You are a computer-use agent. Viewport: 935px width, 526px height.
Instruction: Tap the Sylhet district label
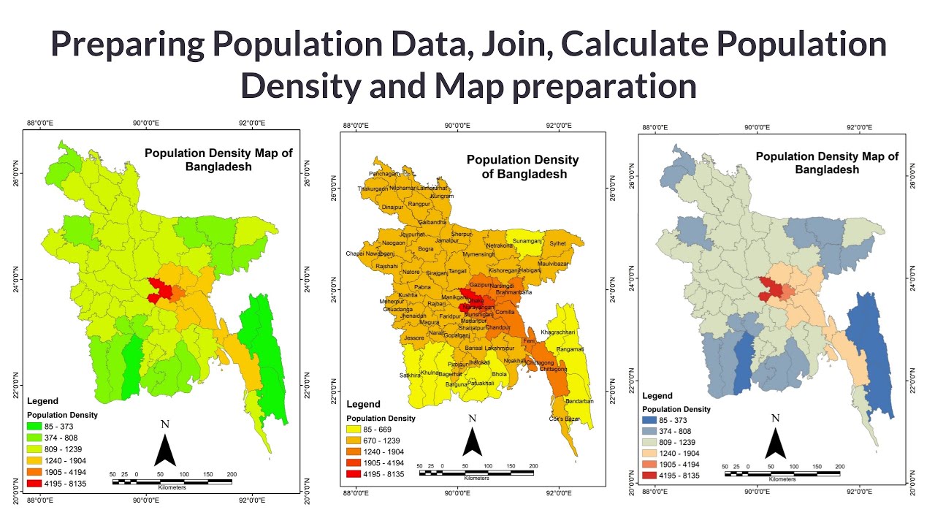(558, 244)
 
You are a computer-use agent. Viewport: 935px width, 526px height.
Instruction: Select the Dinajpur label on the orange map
(392, 207)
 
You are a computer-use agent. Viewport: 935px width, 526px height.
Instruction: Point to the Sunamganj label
(527, 240)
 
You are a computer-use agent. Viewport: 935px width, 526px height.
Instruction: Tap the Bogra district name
(426, 249)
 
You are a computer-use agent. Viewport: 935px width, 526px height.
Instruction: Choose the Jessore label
(414, 338)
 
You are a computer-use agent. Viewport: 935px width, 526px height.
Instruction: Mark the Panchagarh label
(385, 174)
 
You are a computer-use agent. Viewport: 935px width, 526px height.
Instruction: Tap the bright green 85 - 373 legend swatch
(34, 426)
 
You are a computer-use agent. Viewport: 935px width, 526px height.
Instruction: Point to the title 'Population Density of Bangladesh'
(522, 167)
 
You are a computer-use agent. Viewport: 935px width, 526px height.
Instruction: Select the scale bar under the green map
(172, 481)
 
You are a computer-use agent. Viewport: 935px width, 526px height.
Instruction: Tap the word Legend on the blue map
(657, 396)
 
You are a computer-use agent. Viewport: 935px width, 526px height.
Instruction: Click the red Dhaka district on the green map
(160, 289)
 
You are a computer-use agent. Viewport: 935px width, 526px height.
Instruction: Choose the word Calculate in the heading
(649, 45)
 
